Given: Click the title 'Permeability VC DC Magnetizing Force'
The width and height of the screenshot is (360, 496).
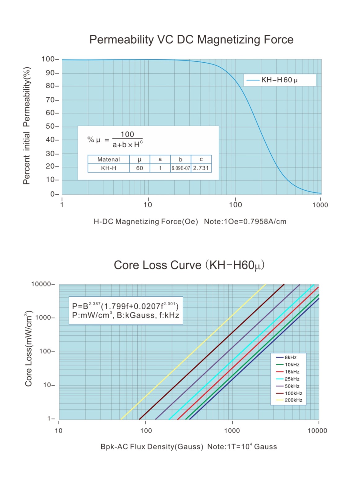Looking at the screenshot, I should point(191,40).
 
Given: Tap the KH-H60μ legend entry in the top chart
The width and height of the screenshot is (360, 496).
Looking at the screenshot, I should point(279,80).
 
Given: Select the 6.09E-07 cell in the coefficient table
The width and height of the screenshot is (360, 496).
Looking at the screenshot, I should point(180,168).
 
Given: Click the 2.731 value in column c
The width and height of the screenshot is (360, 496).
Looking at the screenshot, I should point(201,168).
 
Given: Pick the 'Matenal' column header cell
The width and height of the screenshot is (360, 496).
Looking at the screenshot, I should point(109,159).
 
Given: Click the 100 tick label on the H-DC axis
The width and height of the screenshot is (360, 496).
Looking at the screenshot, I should point(235,205).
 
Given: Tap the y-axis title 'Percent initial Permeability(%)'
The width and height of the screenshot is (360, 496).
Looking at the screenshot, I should point(27,126).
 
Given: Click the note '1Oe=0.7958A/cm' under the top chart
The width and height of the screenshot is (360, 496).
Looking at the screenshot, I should point(245,222).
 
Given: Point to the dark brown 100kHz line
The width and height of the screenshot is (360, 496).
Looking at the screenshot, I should point(211,353).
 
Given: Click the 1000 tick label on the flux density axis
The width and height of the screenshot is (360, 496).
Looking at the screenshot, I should point(232,430).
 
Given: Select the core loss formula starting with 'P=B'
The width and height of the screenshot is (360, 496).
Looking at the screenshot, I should point(125,306).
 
